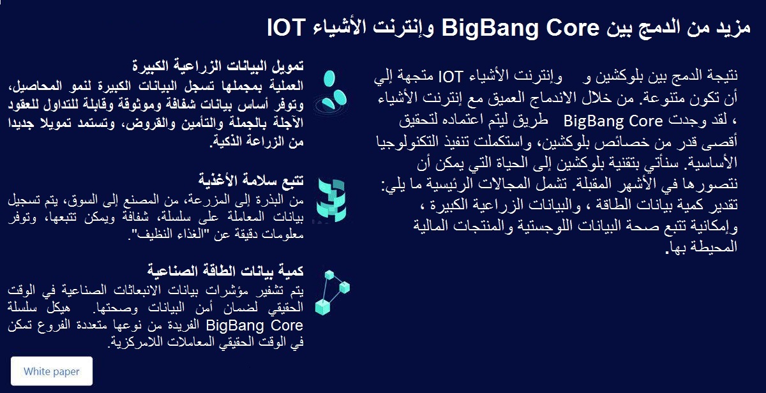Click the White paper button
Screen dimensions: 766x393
click(x=52, y=371)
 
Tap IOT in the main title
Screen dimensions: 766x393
click(x=286, y=27)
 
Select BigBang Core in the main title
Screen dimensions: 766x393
click(x=520, y=28)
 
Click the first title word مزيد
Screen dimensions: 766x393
click(x=733, y=27)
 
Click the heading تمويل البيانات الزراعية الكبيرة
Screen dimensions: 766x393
click(x=218, y=65)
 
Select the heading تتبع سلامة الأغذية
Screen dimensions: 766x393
click(x=251, y=180)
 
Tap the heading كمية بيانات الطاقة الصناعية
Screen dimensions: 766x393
click(x=225, y=271)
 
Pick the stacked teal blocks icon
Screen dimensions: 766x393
click(x=331, y=200)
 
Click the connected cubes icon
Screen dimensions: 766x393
click(x=332, y=292)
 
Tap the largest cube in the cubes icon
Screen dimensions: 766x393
click(x=322, y=306)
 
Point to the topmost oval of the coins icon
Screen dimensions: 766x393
click(x=329, y=78)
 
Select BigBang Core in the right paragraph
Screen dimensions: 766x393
click(x=613, y=121)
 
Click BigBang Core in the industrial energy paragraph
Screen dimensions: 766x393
click(x=255, y=325)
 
